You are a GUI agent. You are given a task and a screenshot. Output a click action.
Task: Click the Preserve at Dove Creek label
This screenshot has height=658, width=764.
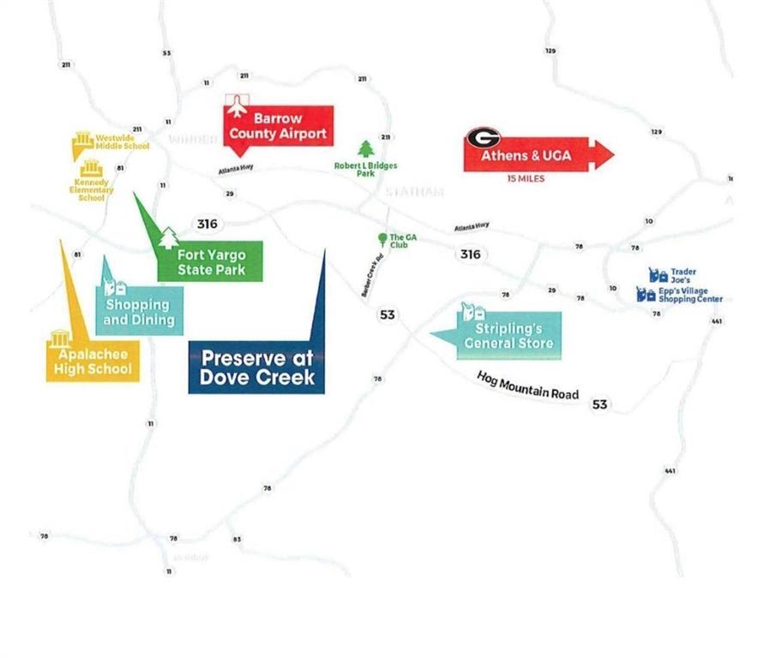pyautogui.click(x=256, y=368)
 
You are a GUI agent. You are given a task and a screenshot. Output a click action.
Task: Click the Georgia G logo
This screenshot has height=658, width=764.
pyautogui.click(x=483, y=138)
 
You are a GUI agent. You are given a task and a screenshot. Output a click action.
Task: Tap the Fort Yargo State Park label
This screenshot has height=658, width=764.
pyautogui.click(x=211, y=262)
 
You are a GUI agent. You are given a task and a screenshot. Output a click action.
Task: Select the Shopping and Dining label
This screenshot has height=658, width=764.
pyautogui.click(x=138, y=313)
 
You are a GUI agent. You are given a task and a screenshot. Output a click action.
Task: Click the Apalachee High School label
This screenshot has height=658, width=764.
pyautogui.click(x=93, y=361)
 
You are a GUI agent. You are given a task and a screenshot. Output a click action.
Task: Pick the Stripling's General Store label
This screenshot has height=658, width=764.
pyautogui.click(x=508, y=336)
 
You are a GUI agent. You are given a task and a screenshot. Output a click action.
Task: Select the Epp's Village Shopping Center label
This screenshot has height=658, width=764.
pyautogui.click(x=689, y=295)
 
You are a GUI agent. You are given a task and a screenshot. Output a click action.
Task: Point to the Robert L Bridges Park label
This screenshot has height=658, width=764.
pyautogui.click(x=365, y=169)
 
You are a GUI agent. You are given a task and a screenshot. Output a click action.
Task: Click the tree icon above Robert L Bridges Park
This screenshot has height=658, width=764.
pyautogui.click(x=366, y=149)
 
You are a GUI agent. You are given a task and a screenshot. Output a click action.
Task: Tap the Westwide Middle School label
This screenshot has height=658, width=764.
pyautogui.click(x=121, y=141)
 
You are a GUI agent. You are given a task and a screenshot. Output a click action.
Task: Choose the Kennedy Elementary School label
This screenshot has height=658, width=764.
pyautogui.click(x=92, y=189)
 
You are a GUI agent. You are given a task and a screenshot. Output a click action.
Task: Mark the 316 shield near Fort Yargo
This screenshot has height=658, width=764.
pyautogui.click(x=207, y=224)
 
